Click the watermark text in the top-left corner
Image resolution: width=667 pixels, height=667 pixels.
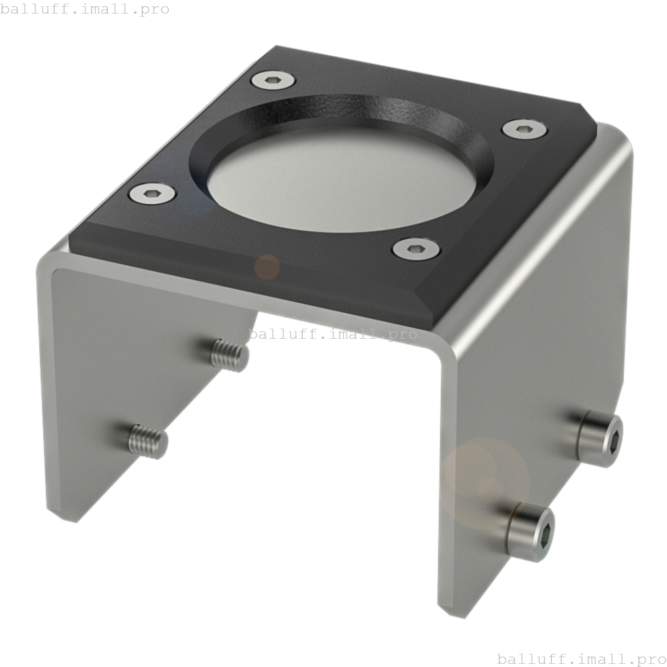point(85,9)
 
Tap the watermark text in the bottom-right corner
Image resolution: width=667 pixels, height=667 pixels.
point(582,659)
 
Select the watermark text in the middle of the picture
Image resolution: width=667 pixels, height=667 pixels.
point(333,334)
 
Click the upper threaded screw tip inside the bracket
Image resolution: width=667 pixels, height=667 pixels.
point(230,355)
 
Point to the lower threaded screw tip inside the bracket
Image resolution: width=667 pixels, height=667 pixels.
point(149,442)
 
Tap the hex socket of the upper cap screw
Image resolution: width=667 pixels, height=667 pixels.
point(614,441)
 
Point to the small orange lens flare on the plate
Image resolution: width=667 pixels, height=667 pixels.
point(267,267)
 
